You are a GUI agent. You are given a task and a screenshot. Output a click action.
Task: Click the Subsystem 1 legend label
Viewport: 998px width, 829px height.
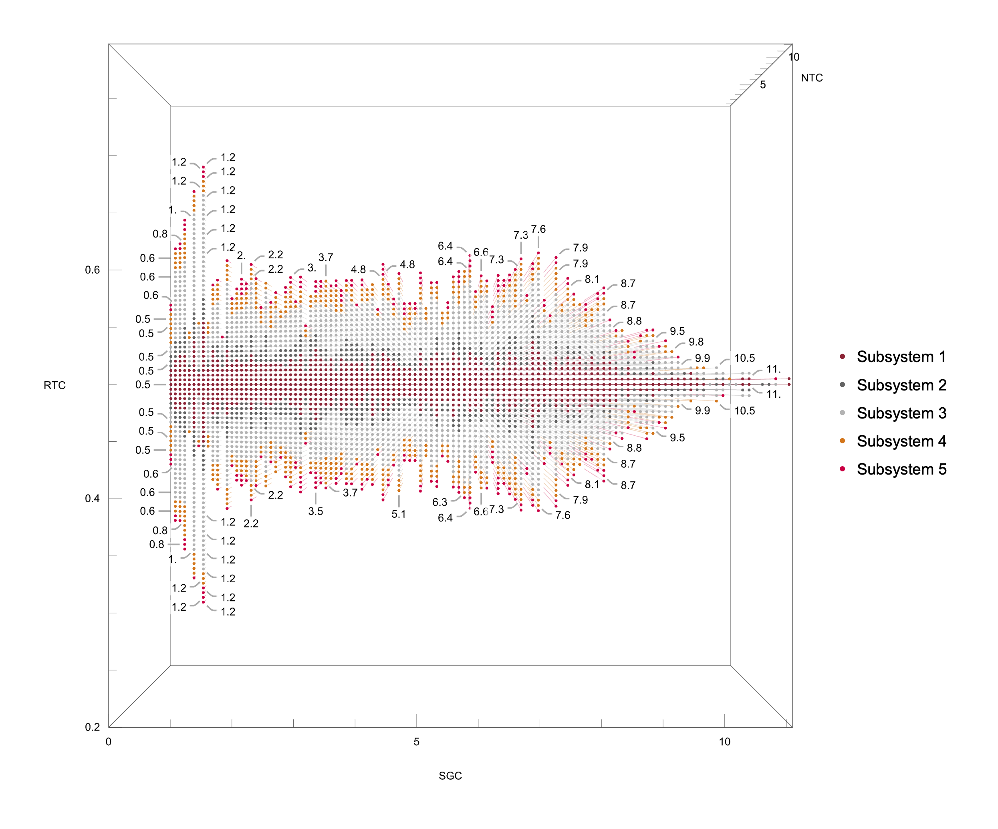click(901, 357)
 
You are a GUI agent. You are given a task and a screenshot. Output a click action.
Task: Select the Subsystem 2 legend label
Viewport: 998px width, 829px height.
click(901, 385)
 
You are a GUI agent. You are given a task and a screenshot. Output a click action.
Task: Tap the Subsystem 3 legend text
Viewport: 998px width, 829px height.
click(901, 413)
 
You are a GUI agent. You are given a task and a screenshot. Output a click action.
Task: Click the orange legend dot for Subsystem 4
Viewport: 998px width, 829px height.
click(843, 441)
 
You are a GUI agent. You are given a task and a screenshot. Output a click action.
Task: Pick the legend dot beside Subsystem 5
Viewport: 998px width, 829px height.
click(843, 469)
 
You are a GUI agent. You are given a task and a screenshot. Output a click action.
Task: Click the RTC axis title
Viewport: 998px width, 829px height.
click(54, 385)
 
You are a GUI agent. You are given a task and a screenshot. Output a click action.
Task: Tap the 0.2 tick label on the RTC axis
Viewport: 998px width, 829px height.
click(92, 727)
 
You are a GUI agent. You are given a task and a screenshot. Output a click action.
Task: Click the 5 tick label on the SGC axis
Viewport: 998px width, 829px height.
click(416, 742)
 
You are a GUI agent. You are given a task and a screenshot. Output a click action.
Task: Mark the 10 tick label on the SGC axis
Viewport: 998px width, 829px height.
click(724, 742)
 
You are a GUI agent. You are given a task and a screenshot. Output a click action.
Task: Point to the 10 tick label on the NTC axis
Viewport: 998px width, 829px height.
click(794, 57)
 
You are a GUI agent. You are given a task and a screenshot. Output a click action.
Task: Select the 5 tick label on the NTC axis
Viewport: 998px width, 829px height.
click(763, 85)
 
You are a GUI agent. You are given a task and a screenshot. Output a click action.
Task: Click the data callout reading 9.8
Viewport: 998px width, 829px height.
click(696, 342)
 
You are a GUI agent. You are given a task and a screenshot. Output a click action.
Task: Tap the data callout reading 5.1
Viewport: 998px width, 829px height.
click(399, 514)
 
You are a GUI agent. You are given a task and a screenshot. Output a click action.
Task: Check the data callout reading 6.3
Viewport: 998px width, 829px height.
click(440, 502)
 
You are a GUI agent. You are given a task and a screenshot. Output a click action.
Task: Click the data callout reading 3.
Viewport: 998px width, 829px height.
click(311, 268)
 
